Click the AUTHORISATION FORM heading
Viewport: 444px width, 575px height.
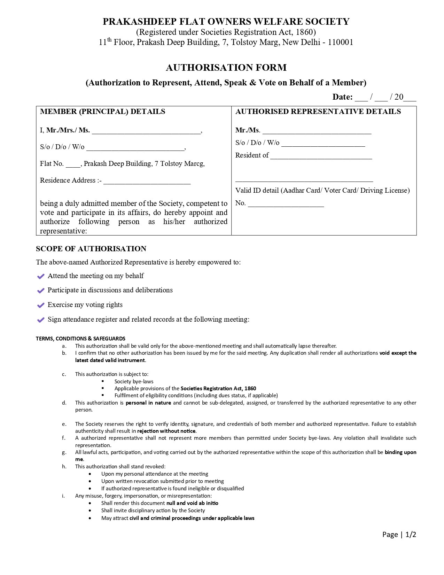click(x=226, y=68)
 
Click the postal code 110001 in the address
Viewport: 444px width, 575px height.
click(x=340, y=43)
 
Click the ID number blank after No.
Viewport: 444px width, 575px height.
click(x=286, y=204)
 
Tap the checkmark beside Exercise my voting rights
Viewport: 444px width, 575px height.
click(x=41, y=305)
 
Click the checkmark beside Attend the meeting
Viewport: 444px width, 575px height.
click(x=41, y=276)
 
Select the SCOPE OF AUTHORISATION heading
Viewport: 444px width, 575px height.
click(x=91, y=249)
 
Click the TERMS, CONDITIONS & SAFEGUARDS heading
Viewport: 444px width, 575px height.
click(x=80, y=338)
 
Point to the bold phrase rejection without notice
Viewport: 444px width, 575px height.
click(x=166, y=431)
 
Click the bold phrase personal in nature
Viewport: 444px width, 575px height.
click(x=148, y=403)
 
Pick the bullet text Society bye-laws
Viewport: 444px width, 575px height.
click(x=134, y=381)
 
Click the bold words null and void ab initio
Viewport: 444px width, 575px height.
click(x=192, y=503)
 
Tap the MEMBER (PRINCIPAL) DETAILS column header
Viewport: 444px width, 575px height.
click(x=102, y=112)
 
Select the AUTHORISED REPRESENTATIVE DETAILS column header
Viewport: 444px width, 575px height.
click(x=318, y=112)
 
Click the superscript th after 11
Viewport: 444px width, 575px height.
click(x=109, y=40)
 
